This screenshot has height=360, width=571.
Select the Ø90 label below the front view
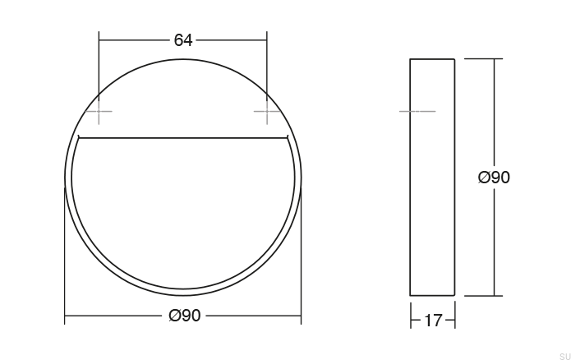pos(184,316)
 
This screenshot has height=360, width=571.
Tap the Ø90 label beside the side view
pos(494,177)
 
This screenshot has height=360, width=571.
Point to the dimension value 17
pos(432,321)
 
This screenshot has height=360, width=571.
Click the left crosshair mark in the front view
pos(99,111)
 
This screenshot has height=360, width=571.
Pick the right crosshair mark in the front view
pos(267,111)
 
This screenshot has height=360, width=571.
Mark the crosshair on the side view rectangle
pos(417,110)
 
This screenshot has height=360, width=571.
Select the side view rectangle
pos(432,177)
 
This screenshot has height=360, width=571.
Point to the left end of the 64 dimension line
pos(99,39)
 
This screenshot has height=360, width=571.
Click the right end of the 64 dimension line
pos(267,39)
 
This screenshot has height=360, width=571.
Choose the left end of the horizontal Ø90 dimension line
pos(65,316)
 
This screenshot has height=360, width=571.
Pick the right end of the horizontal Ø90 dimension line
pos(301,316)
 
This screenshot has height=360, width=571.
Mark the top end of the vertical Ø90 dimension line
pos(494,59)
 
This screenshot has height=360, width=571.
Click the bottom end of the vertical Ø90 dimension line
pos(494,294)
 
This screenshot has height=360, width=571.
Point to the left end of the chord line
pos(77,136)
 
